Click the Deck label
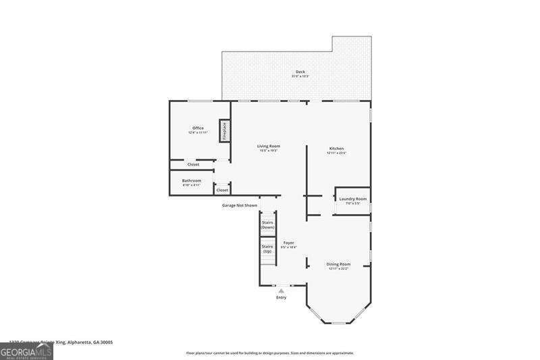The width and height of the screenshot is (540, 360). coord(300,72)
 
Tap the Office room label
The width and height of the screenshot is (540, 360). coord(198,128)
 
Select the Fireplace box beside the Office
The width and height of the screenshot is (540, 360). coord(224,130)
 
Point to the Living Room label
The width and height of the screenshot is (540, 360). coord(269,146)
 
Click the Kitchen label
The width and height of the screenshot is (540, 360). coord(336,149)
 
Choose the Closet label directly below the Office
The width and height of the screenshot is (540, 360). coord(193,164)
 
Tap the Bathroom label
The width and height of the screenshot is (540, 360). coord(192,181)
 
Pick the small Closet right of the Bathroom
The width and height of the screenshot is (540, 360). coord(222,190)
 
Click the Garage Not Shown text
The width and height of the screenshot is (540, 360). coord(240,205)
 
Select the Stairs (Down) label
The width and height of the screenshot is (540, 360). coord(267,225)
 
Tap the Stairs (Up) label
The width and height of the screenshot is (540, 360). coord(267,249)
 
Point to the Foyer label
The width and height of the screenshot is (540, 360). coord(288,242)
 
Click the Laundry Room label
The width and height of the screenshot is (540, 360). coord(353,199)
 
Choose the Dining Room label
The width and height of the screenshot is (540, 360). coord(338,264)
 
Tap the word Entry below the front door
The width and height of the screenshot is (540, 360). coord(281,297)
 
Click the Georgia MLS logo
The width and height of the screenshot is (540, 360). coord(26,352)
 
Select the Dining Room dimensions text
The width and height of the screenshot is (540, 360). coord(338,269)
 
